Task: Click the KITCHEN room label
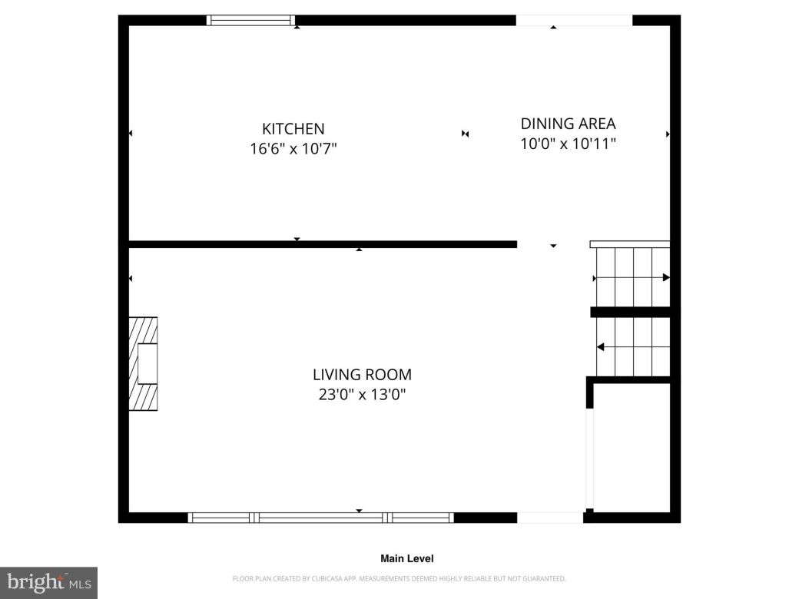point(293,129)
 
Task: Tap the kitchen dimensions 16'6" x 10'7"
point(293,148)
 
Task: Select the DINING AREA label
point(568,124)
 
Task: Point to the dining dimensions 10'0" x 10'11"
point(568,143)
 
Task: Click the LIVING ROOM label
point(362,375)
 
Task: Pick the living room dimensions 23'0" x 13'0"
point(362,395)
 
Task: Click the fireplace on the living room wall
point(144,363)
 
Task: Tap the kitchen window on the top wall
point(252,21)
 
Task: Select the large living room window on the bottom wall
point(321,518)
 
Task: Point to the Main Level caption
point(406,559)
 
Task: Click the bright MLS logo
point(48,583)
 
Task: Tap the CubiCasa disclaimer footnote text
point(399,578)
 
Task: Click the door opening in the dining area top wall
point(573,21)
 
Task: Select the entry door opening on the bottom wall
point(550,518)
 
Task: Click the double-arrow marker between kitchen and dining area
point(465,134)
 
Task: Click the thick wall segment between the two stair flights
point(630,312)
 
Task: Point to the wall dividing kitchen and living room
point(323,244)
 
